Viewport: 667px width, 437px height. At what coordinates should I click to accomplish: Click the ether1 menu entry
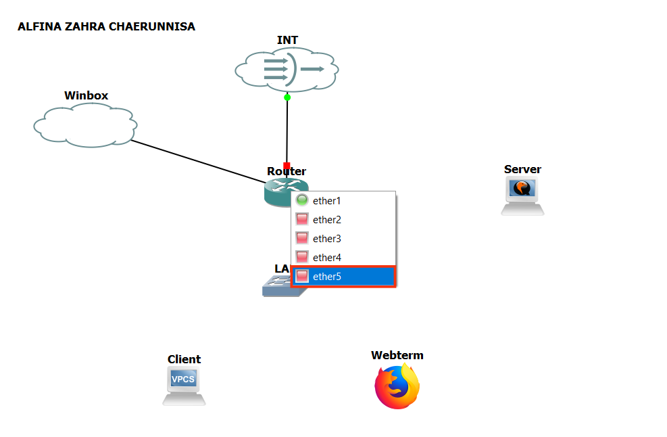(327, 201)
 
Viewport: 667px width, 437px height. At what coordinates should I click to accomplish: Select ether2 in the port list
(327, 220)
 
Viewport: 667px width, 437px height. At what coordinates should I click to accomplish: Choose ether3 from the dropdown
(327, 239)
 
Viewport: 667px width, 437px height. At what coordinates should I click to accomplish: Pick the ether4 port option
(327, 258)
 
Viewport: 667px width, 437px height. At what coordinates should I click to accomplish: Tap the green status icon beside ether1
(302, 200)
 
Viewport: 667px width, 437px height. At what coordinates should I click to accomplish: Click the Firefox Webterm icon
(397, 386)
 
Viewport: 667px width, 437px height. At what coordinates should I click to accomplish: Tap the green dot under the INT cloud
(287, 97)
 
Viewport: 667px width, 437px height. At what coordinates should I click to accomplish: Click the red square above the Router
(287, 165)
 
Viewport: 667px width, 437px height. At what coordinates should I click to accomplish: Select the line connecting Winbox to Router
(196, 160)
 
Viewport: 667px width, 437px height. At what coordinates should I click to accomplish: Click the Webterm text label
(397, 355)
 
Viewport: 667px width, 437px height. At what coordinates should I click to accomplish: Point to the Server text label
(522, 169)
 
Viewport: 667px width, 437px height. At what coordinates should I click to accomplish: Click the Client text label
(184, 359)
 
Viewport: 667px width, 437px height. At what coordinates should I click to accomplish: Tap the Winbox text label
(86, 95)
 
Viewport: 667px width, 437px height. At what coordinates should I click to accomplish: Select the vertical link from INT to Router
(287, 132)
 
